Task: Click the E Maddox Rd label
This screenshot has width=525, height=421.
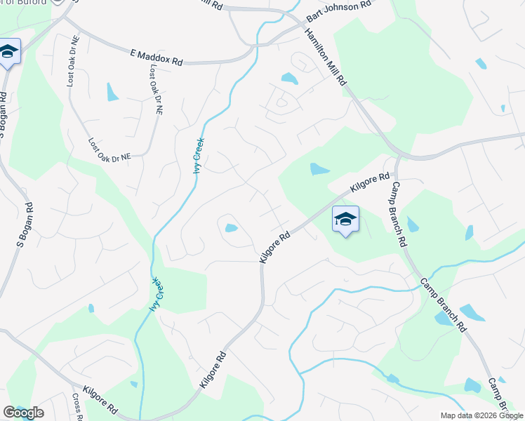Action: tap(156, 58)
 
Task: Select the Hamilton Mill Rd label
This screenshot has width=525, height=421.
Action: tap(326, 55)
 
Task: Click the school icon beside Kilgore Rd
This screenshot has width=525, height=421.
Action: tap(345, 220)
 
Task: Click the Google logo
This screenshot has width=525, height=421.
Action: tap(23, 413)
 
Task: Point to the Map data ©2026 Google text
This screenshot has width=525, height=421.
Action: tap(481, 415)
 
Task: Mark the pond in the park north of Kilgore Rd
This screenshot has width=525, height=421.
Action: tap(319, 168)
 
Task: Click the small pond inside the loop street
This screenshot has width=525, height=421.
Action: tap(231, 227)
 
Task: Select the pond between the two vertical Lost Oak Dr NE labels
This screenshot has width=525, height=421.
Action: tap(112, 92)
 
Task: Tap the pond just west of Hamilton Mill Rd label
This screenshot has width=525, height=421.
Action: tap(288, 78)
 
